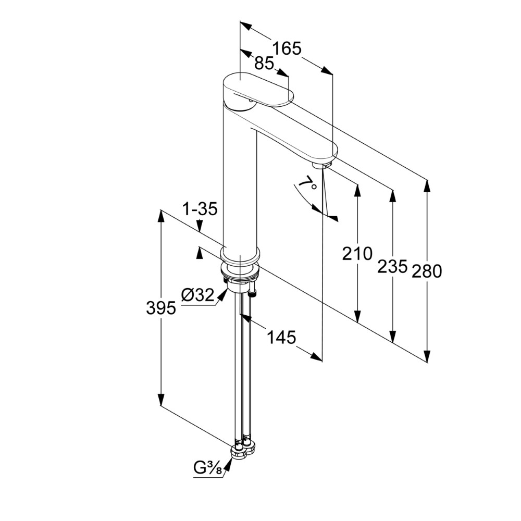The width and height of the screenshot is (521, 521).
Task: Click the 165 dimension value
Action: pyautogui.click(x=287, y=48)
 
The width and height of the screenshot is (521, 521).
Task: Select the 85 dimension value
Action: pyautogui.click(x=264, y=63)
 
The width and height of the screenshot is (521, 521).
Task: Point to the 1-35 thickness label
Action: pyautogui.click(x=200, y=209)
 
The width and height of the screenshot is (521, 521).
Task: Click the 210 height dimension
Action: pyautogui.click(x=357, y=254)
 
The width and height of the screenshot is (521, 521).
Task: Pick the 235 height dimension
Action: pyautogui.click(x=392, y=266)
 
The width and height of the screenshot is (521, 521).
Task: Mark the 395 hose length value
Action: pyautogui.click(x=161, y=308)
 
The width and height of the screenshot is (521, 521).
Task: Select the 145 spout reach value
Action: pyautogui.click(x=281, y=338)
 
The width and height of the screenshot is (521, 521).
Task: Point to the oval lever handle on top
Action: pyautogui.click(x=258, y=90)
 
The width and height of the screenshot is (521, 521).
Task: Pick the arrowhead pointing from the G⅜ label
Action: pyautogui.click(x=228, y=464)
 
